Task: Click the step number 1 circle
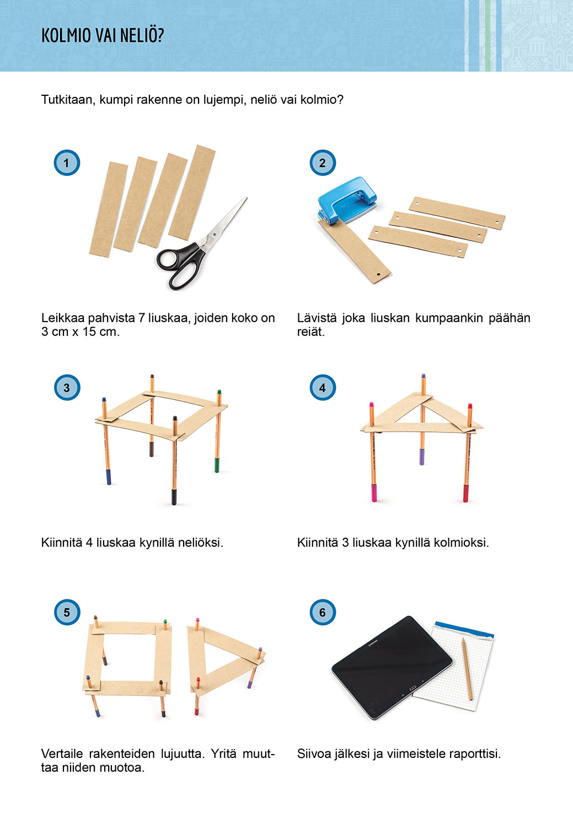(67, 162)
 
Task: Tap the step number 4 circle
(323, 387)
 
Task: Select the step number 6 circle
(323, 612)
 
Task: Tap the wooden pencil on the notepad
(467, 669)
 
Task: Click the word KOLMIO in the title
(66, 36)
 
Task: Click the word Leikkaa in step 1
(63, 318)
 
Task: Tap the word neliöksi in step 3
(201, 543)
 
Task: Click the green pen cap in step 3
(217, 464)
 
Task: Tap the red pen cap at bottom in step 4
(466, 494)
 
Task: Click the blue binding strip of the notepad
(464, 630)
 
